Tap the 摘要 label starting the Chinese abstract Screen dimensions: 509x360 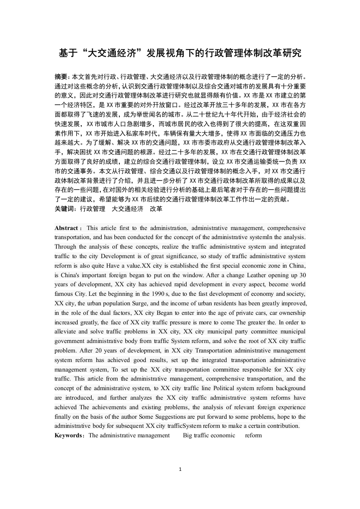pos(61,76)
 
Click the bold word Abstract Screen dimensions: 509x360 pos(66,228)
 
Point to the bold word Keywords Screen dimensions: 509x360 pos(69,436)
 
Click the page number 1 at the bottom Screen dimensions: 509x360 pos(180,469)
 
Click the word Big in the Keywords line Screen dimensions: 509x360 pos(188,436)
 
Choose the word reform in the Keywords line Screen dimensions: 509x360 pos(253,436)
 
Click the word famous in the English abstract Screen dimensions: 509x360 pos(65,294)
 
